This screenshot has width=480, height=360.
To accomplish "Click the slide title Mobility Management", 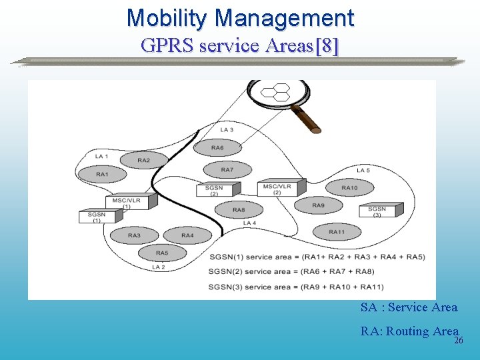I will [240, 17].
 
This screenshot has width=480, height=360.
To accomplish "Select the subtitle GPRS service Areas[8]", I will [240, 45].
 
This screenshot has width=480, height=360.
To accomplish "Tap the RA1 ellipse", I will [102, 175].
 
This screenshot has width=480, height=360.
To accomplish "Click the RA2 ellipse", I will [144, 160].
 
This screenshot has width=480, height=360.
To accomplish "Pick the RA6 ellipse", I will [217, 147].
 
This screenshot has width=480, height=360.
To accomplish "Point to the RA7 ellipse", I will [227, 170].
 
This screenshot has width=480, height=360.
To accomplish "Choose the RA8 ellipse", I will [239, 210].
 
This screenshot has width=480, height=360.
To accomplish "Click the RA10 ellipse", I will [349, 188].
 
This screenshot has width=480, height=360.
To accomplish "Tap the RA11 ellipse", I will [337, 232].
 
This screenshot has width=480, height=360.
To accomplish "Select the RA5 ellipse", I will [162, 253].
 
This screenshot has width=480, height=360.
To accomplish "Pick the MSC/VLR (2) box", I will [279, 188].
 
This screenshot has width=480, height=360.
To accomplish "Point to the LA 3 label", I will [227, 129].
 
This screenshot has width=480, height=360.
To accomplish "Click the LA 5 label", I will [363, 171].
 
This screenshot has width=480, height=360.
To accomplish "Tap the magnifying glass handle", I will [305, 119].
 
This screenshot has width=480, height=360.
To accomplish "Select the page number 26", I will [458, 341].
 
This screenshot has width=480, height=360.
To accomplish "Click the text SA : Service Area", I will [409, 307].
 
